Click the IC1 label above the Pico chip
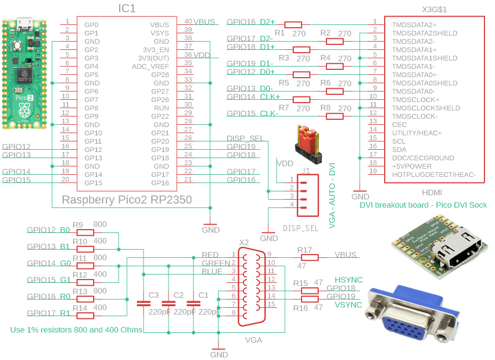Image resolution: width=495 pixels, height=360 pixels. [127, 8]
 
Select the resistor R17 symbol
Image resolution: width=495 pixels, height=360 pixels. [310, 257]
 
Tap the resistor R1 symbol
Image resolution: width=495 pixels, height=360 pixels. [293, 24]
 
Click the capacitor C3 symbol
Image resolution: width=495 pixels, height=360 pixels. [144, 303]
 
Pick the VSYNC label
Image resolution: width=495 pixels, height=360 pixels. [348, 305]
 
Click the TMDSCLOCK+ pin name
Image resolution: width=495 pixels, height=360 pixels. [415, 100]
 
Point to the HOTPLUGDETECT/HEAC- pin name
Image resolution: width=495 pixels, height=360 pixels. [434, 175]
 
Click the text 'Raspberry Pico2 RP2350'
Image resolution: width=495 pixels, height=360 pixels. [127, 200]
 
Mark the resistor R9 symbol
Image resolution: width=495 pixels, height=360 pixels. [85, 232]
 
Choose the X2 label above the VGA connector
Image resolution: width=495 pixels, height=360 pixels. [243, 242]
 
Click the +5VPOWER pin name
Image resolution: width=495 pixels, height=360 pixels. [412, 166]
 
